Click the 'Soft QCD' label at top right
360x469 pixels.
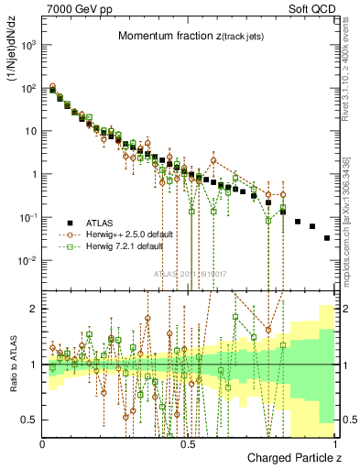(311, 8)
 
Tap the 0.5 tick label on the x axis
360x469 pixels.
(188, 442)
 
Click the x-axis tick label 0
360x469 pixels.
(43, 442)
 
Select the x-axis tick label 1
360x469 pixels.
(333, 442)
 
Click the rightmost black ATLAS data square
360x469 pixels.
(327, 237)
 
